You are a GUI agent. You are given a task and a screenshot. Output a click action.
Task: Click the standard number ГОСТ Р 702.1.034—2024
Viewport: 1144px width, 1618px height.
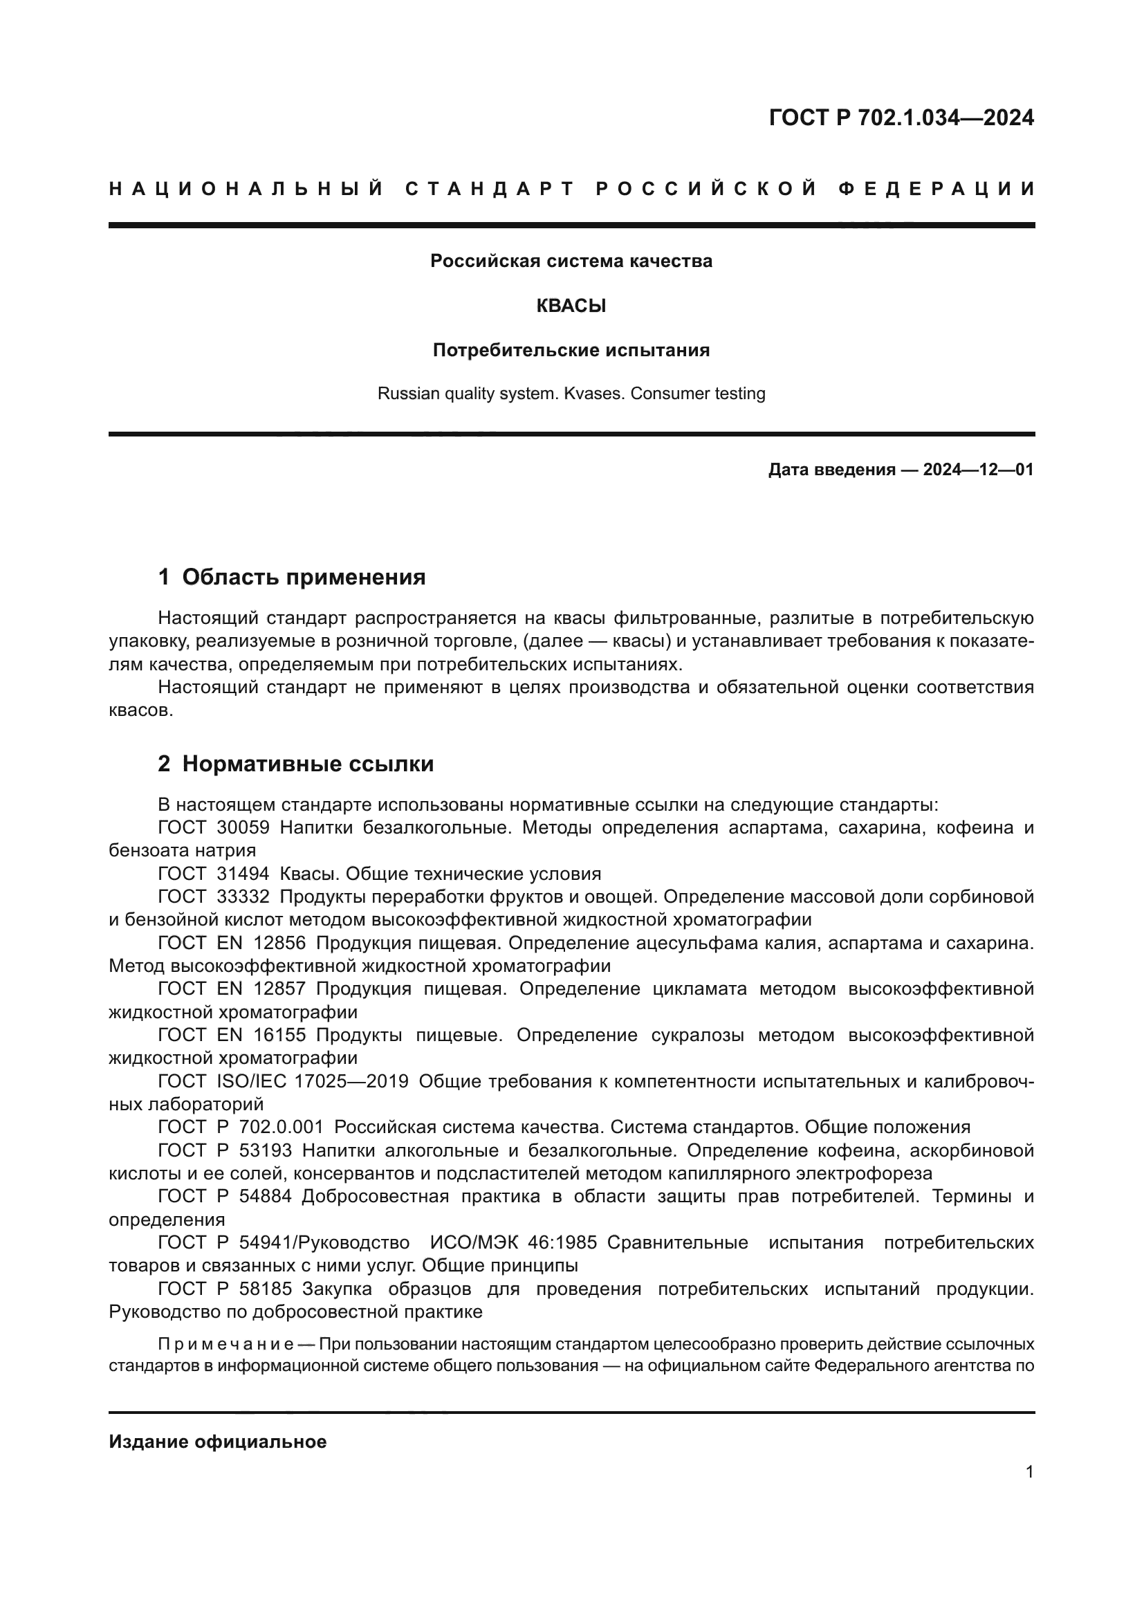901,118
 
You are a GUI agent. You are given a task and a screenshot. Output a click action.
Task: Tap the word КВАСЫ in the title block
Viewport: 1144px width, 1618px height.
571,306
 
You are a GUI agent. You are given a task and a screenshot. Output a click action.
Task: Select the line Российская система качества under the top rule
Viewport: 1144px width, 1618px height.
571,261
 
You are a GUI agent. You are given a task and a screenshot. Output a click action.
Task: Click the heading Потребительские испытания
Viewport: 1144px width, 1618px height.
571,350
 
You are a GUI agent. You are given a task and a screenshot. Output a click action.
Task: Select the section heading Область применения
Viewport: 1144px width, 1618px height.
304,577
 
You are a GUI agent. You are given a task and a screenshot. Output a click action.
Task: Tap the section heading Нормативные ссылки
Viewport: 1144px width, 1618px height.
308,764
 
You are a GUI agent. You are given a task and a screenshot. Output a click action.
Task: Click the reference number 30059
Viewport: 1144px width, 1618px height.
243,827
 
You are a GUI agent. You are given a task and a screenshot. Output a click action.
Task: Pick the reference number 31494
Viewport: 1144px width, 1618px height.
243,874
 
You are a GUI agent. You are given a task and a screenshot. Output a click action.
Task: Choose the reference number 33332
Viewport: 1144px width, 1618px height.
243,897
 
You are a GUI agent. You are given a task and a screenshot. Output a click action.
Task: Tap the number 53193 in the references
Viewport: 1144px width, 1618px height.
265,1150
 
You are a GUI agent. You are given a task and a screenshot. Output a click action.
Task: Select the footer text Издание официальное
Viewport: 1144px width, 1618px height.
218,1442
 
